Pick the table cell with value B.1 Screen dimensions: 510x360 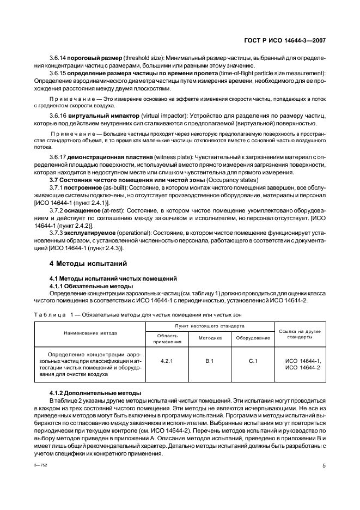pos(209,361)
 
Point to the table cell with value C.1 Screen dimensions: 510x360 pos(253,361)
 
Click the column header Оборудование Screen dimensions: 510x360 pos(253,338)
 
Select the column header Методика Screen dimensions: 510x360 pos(209,338)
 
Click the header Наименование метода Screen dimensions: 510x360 pos(90,333)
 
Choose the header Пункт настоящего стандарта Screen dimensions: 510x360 pos(209,326)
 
